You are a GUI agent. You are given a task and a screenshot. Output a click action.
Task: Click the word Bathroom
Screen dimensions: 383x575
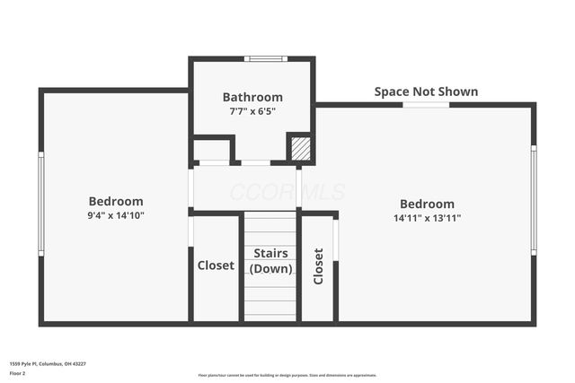click(x=252, y=97)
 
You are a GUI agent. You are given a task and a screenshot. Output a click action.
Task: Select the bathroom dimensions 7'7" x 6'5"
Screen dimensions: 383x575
click(x=252, y=111)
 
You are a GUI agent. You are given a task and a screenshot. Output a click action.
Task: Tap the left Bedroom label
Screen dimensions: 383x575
click(x=116, y=201)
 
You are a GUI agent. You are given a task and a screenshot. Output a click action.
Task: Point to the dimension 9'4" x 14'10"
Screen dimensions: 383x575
click(x=116, y=215)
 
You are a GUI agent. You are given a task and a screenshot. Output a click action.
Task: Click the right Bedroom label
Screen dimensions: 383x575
click(x=427, y=204)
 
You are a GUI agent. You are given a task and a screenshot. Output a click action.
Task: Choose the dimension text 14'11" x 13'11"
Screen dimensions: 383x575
click(x=427, y=218)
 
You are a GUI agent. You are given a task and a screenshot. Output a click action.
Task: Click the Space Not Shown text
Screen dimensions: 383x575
click(x=426, y=91)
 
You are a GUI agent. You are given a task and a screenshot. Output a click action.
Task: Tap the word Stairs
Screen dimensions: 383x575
click(x=270, y=254)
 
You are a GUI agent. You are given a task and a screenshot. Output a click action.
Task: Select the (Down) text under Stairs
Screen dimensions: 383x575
click(x=270, y=268)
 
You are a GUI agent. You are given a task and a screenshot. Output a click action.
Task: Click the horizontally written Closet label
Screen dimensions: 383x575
click(x=216, y=265)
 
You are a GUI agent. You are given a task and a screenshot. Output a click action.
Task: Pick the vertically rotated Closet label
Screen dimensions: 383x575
click(x=318, y=266)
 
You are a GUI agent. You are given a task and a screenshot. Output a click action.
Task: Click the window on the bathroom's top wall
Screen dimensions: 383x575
click(x=266, y=59)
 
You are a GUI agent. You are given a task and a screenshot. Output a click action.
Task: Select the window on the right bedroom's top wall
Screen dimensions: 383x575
click(x=426, y=105)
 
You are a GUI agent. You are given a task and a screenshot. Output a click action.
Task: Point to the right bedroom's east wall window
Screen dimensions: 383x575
click(x=533, y=201)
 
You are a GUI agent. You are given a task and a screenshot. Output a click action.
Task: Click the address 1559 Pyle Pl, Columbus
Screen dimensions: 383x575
click(x=48, y=364)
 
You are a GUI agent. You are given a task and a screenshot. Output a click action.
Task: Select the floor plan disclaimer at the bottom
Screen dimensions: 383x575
click(x=287, y=375)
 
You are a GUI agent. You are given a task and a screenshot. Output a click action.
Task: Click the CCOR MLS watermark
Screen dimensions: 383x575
click(x=287, y=192)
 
